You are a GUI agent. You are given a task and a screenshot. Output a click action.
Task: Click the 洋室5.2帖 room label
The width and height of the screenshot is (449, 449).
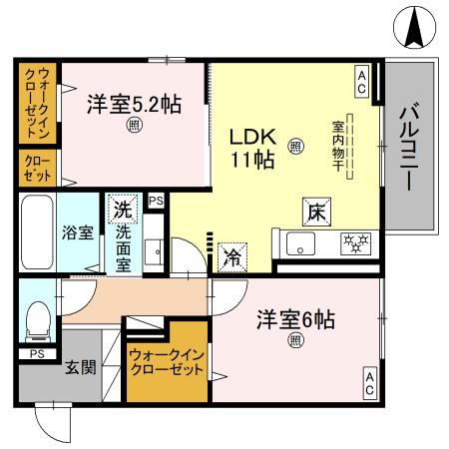click(x=133, y=104)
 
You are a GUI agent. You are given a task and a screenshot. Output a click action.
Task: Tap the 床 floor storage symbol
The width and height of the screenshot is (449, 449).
click(x=312, y=211)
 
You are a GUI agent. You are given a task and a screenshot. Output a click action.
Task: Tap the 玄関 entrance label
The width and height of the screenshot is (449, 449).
click(x=81, y=367)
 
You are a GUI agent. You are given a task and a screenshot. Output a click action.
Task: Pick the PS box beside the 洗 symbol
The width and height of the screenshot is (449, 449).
click(x=155, y=202)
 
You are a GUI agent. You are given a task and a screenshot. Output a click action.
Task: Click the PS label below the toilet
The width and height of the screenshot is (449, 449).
click(x=36, y=353)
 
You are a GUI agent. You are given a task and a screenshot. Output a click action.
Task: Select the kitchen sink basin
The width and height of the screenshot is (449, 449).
click(x=300, y=242)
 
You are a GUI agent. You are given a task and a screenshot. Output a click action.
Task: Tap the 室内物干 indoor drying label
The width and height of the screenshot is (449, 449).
click(x=337, y=146)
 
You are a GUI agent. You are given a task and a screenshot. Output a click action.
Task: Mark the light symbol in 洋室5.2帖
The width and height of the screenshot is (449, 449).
click(x=133, y=125)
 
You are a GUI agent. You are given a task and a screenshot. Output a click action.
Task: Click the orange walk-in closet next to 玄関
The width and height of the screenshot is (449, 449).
click(x=165, y=361)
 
